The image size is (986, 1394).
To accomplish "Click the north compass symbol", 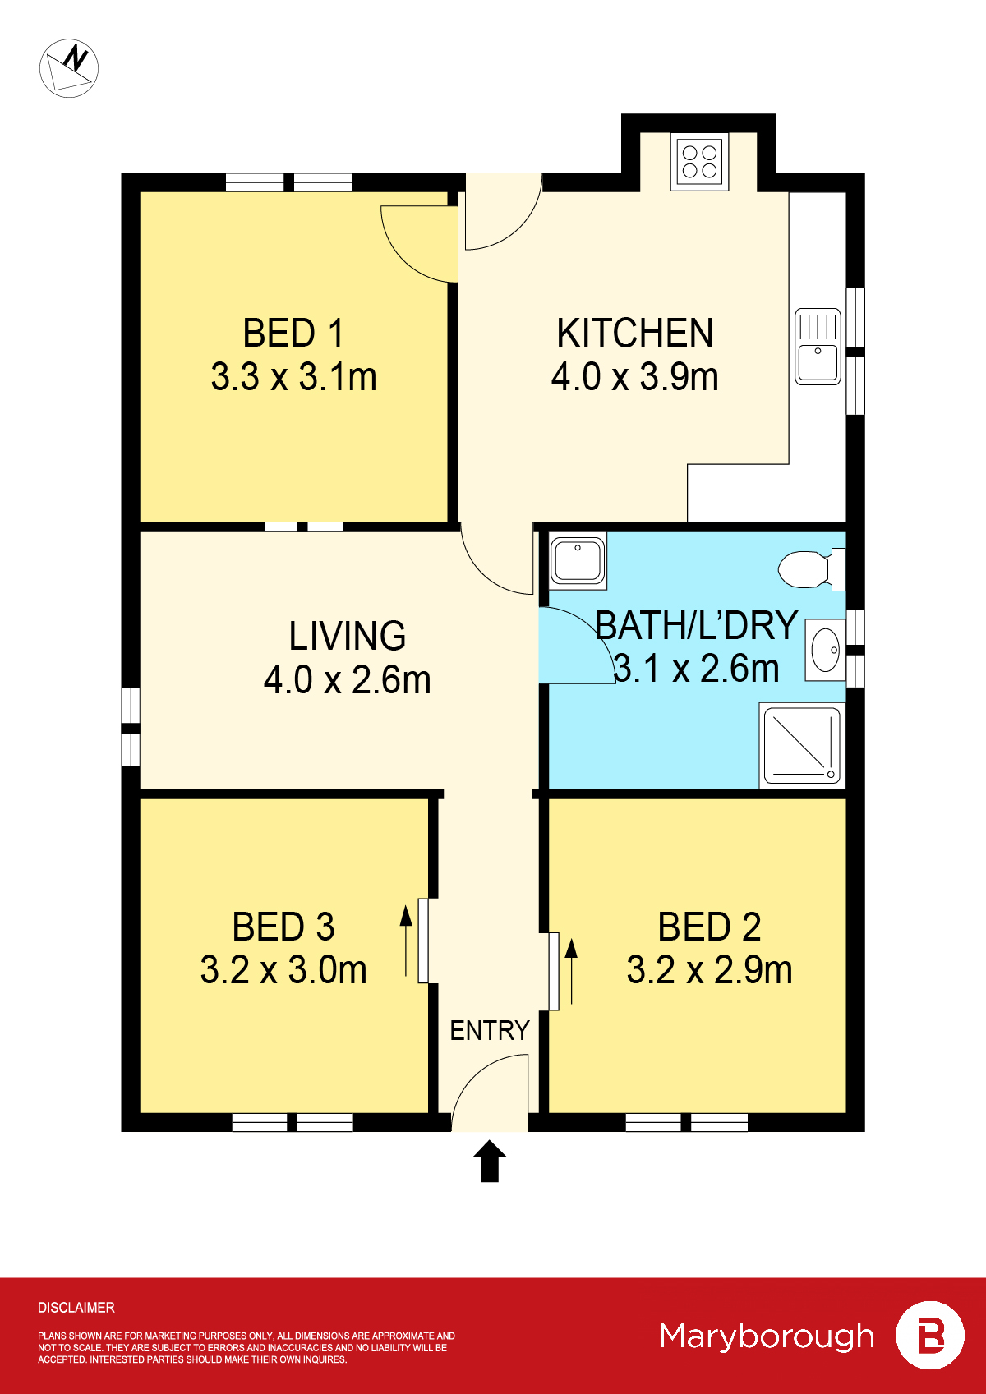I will click(x=69, y=68).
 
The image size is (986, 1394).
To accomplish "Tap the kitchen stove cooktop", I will click(x=699, y=162).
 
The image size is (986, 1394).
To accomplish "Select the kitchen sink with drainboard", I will click(x=818, y=346).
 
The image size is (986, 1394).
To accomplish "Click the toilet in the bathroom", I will click(x=809, y=569).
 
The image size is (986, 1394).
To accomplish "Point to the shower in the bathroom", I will click(x=802, y=744).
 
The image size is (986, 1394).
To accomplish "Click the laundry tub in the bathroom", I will click(x=578, y=561).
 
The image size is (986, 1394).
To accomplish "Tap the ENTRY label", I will click(x=489, y=1030).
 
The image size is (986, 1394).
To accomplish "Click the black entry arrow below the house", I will click(x=490, y=1160).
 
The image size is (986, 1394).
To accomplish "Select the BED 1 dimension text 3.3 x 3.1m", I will click(x=293, y=377).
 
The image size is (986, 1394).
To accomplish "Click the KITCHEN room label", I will click(x=634, y=333).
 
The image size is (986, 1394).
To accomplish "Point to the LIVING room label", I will click(x=347, y=636).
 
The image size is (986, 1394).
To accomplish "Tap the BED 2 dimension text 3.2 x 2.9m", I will click(x=709, y=970).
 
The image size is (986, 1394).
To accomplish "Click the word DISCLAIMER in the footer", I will click(x=76, y=1307).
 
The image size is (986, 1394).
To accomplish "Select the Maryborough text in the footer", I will click(x=767, y=1336).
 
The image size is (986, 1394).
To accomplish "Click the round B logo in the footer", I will click(x=929, y=1335).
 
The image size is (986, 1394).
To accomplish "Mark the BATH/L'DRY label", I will click(x=695, y=625).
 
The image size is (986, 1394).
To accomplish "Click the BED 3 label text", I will click(x=283, y=927).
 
